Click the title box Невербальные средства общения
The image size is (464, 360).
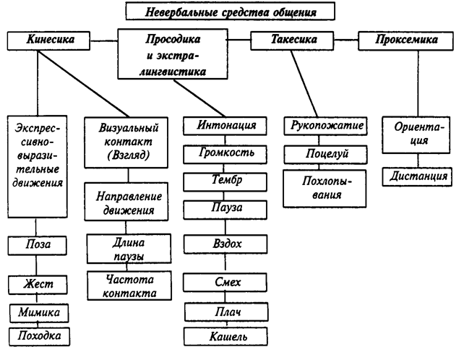pyautogui.click(x=231, y=12)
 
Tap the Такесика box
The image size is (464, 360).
pyautogui.click(x=285, y=40)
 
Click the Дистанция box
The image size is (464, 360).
pyautogui.click(x=418, y=176)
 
